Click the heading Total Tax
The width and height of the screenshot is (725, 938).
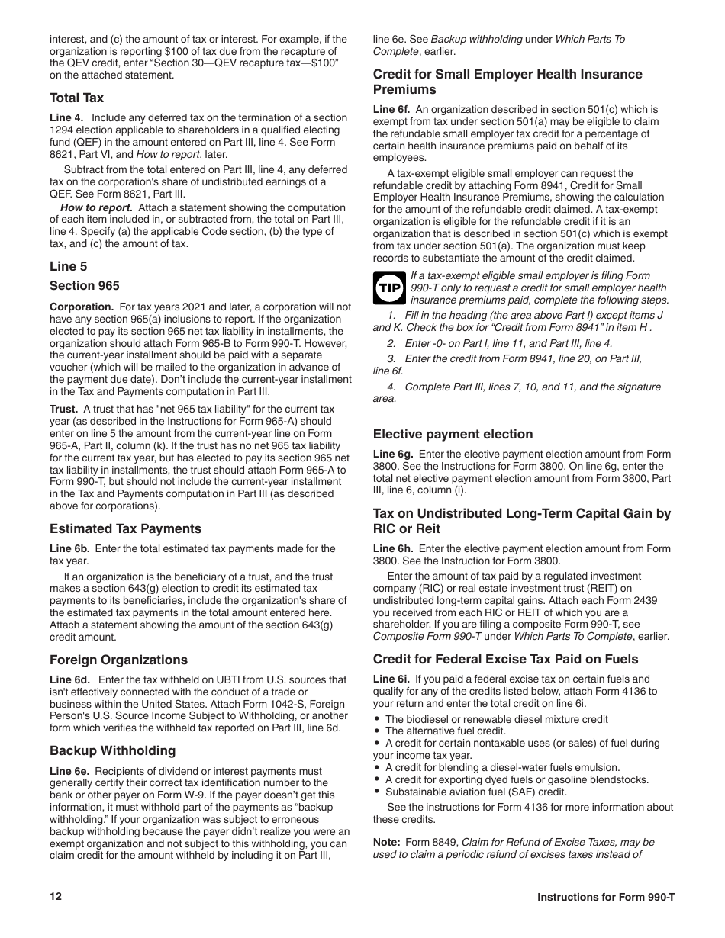[x=76, y=98]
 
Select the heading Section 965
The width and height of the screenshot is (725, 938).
[x=85, y=285]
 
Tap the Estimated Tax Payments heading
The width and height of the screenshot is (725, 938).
[x=125, y=528]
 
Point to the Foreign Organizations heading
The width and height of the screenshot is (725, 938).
[x=118, y=660]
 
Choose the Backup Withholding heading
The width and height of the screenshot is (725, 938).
[x=112, y=750]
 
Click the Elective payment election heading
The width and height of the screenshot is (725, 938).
[x=453, y=434]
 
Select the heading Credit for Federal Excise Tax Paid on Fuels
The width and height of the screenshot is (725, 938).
[x=505, y=659]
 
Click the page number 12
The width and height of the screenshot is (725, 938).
[x=56, y=896]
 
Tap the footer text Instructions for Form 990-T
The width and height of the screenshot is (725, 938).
[x=606, y=897]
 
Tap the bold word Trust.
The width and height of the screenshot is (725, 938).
[x=63, y=409]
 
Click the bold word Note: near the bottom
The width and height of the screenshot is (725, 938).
[x=386, y=842]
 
